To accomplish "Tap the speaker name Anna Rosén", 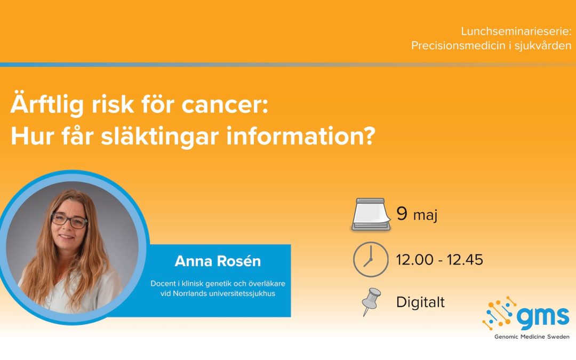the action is tap(218, 261).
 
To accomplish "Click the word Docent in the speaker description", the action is tap(163, 284).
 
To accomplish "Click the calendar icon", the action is tap(371, 215).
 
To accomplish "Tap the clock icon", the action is tap(371, 259).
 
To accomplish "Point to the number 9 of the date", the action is tap(402, 213).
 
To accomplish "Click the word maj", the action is tap(426, 215).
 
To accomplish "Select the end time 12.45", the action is tap(465, 260).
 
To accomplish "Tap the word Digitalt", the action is tap(421, 302).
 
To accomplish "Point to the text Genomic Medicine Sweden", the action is tap(532, 337).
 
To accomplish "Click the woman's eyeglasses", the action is tap(69, 220).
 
